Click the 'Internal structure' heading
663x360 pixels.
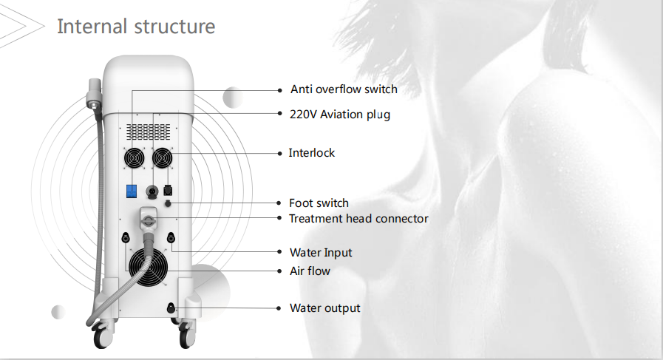tap(136, 27)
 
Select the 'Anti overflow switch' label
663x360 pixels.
tap(344, 89)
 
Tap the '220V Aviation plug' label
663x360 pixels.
tap(340, 115)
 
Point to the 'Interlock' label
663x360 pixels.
tap(312, 153)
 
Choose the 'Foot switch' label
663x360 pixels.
tap(319, 203)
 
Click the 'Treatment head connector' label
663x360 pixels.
tap(358, 219)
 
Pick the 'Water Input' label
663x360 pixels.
tap(321, 253)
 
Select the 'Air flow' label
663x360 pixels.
tap(310, 271)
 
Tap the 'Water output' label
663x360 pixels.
tap(325, 308)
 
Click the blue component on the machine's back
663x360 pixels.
tap(132, 191)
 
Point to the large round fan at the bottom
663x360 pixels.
tap(148, 267)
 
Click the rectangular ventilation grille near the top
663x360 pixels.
tap(148, 132)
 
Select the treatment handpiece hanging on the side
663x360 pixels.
tap(93, 93)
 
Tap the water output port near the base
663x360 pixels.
tap(171, 308)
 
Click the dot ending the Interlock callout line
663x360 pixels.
tap(279, 153)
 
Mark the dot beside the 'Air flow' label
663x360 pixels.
tap(279, 271)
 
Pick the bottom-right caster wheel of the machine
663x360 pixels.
tap(186, 336)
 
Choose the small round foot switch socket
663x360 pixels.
tap(168, 203)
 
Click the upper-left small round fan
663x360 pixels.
tap(134, 158)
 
